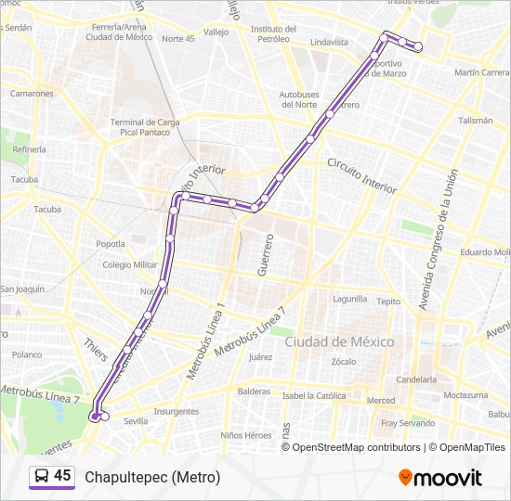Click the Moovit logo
440,478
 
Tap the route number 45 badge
52,476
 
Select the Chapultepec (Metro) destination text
152,478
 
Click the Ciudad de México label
339,341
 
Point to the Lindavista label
329,43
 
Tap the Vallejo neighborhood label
216,32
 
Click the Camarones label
31,93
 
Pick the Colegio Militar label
130,264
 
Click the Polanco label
27,354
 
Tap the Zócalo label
344,361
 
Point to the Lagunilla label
350,300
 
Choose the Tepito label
389,301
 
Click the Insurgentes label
176,411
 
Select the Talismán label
475,121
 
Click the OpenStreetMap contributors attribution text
356,447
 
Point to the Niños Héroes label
246,435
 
